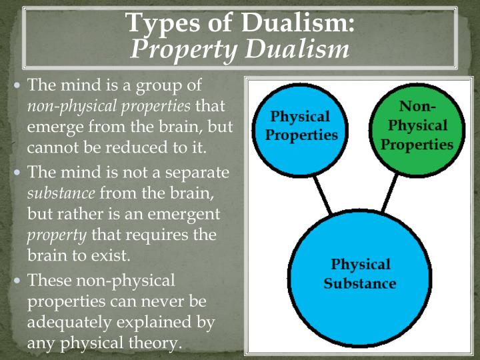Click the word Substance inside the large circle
point(359,283)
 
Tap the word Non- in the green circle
point(417,107)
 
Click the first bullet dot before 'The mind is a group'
point(17,87)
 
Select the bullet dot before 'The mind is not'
point(17,173)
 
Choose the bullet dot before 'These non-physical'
point(17,280)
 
